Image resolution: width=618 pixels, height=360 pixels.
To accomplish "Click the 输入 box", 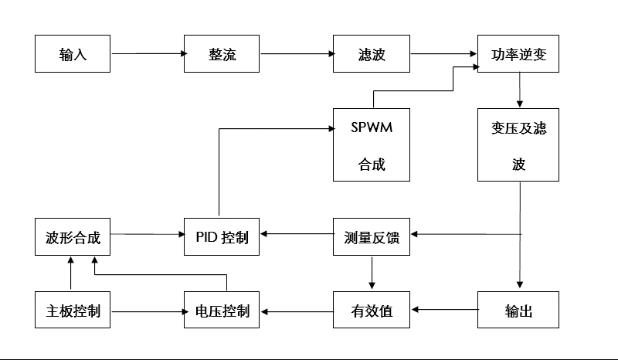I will (x=73, y=54).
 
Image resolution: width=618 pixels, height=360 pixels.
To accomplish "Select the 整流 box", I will (x=221, y=54).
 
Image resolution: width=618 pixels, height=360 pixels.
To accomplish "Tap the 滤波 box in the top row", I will (x=371, y=54).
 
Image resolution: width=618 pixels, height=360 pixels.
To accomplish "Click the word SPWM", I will (x=371, y=127).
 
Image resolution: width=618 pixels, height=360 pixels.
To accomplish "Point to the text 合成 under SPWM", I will (x=371, y=164).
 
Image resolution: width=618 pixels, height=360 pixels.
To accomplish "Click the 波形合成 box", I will (x=73, y=237).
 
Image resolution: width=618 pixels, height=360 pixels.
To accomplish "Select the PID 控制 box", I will (x=221, y=237).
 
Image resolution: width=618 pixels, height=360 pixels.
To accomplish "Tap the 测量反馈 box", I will (x=371, y=237).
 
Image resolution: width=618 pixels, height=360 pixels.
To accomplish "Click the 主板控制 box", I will (x=73, y=311).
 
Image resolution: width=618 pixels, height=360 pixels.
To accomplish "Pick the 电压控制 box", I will (x=221, y=311).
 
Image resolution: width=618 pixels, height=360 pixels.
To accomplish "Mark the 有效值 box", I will (x=371, y=311).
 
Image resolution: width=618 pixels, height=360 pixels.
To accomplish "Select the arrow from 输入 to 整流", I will (x=148, y=54).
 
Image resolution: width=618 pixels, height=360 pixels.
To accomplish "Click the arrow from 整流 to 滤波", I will (x=296, y=54).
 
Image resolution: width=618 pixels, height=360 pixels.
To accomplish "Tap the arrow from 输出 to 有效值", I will (x=444, y=311).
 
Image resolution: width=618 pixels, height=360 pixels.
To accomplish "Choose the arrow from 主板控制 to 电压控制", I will (x=148, y=312).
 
